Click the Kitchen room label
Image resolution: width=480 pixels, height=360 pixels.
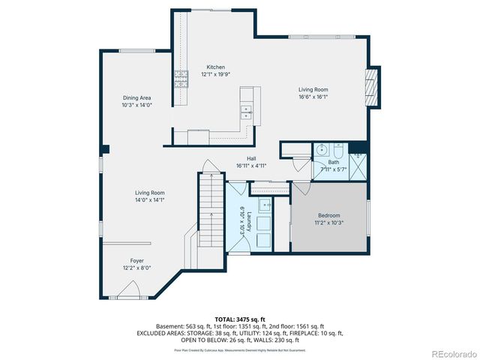pyautogui.click(x=216, y=67)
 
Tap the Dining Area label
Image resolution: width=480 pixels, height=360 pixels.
pyautogui.click(x=137, y=98)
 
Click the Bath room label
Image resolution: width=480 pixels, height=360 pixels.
pyautogui.click(x=334, y=162)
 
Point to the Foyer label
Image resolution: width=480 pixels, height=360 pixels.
pyautogui.click(x=136, y=261)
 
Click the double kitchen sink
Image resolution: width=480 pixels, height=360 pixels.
pyautogui.click(x=245, y=112)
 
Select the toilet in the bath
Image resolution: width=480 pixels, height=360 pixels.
pyautogui.click(x=338, y=148)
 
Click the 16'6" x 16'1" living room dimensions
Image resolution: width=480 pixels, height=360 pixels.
pyautogui.click(x=313, y=97)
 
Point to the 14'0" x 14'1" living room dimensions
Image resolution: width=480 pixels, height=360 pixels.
pyautogui.click(x=150, y=200)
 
